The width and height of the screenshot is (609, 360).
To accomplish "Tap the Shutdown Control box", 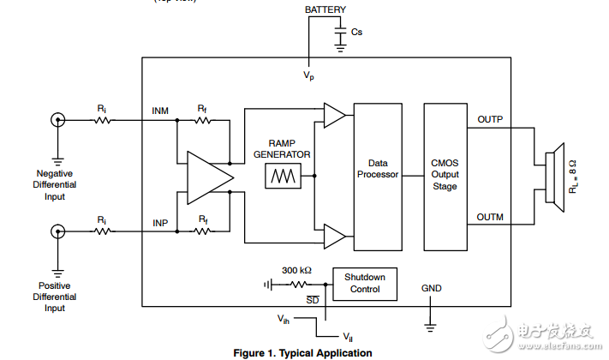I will point(365,283).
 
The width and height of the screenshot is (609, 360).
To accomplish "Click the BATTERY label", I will point(325,9).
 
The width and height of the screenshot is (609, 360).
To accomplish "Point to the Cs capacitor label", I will point(356,32).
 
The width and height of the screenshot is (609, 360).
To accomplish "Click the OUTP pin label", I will point(490,119).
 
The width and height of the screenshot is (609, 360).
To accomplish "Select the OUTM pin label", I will point(490,218).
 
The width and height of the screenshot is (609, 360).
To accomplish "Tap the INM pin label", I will point(160,111).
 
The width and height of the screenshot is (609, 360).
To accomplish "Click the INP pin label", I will point(159,222).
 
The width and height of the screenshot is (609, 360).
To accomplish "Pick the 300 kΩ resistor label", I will point(296,270).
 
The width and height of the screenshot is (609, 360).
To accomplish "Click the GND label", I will point(432,289).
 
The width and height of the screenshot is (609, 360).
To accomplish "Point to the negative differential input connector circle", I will point(58,120).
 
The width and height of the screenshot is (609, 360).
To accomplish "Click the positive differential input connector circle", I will point(58,231).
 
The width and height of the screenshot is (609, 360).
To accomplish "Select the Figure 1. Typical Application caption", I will point(302,352).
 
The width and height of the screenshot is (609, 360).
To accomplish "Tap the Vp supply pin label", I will point(307,75).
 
